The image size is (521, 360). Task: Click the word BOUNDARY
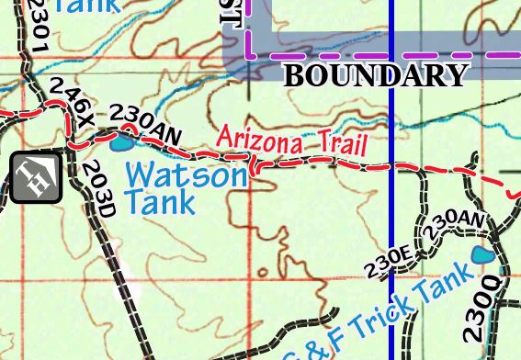point(376,75)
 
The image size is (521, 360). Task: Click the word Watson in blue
point(185,174)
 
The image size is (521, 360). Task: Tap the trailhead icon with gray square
point(36,177)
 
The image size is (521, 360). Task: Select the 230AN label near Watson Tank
point(145,124)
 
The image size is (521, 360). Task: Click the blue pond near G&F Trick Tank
point(480,255)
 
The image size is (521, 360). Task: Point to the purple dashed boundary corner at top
point(248,54)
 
